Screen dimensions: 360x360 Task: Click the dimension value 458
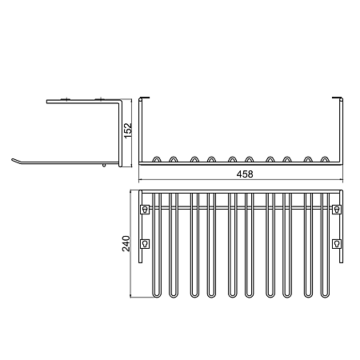(245, 174)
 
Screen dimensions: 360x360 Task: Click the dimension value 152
(128, 130)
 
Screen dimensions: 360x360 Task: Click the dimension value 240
(126, 243)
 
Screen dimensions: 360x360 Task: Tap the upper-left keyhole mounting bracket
(145, 209)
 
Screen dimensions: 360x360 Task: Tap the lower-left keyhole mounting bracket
(145, 244)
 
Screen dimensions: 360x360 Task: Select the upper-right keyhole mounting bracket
(337, 209)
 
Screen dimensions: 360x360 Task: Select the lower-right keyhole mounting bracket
(337, 244)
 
